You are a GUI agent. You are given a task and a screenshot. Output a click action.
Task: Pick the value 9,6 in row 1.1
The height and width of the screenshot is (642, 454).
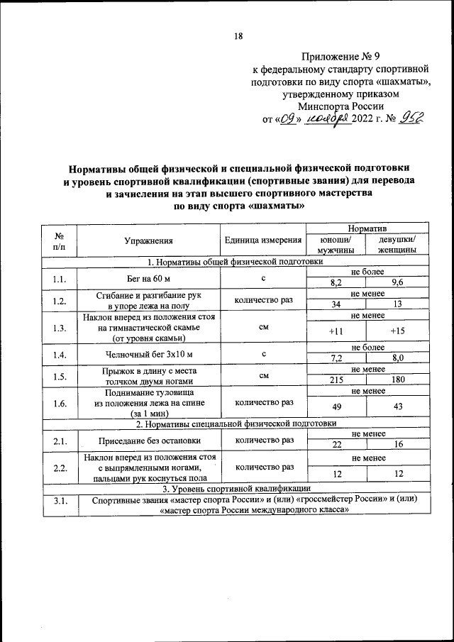coord(388,283)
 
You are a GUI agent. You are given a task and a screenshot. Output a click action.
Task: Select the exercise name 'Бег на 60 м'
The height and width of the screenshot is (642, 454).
coord(149,278)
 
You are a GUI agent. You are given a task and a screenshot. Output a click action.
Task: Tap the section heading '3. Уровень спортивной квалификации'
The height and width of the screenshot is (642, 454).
coord(236,488)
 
